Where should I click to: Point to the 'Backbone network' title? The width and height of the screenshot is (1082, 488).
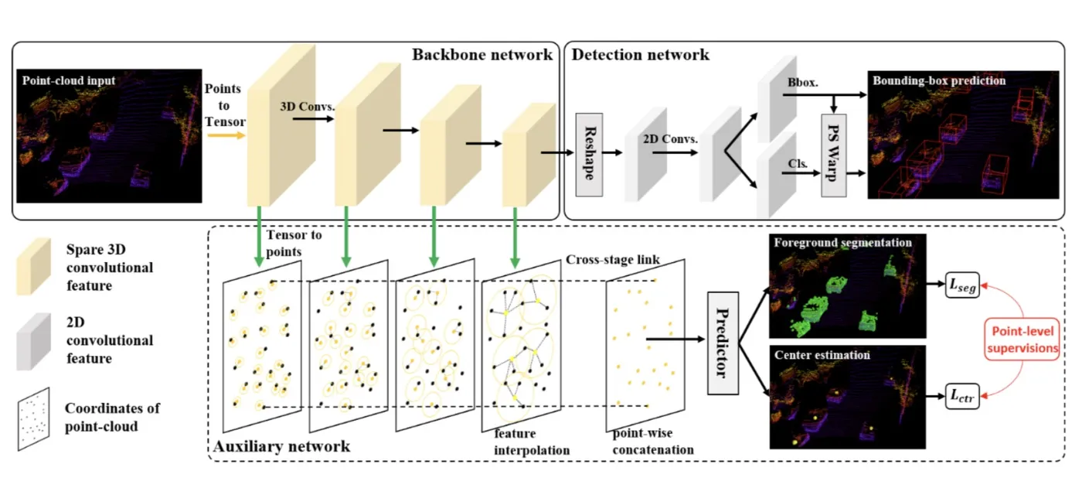coord(482,54)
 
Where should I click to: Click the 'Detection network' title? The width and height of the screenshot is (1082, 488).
coord(640,54)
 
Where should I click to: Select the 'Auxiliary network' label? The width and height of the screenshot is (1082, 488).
coord(281,446)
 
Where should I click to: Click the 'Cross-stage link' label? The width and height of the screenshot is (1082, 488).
coord(613,259)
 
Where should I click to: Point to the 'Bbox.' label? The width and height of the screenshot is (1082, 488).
coord(798,81)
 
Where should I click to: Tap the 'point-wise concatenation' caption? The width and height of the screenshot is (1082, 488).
coord(653,442)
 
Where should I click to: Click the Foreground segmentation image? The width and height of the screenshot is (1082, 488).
coord(848,286)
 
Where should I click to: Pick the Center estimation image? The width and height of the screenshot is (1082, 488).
coord(848,398)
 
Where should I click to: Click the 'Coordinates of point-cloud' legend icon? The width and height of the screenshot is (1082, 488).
coord(34,417)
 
